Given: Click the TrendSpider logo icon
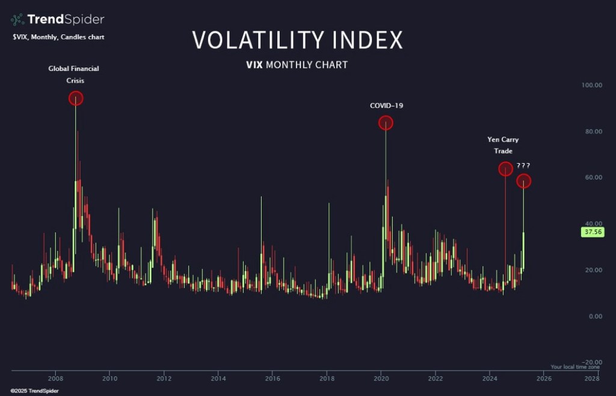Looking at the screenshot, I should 17,19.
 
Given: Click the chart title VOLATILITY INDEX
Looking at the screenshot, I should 297,40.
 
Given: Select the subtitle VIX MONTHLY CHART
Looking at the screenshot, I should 297,64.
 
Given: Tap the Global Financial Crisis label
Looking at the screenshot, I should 74,74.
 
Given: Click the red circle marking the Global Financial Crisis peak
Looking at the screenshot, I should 75,98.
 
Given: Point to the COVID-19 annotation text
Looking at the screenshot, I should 386,106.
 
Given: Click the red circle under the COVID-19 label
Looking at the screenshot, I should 386,123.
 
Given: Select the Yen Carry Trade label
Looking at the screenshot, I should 503,145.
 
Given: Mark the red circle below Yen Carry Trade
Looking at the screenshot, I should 505,169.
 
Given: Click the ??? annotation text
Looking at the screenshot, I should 523,166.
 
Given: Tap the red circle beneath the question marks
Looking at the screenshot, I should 523,181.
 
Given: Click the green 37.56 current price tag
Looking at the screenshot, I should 592,232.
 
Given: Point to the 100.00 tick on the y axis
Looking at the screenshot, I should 591,85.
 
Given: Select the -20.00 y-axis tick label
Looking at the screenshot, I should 591,362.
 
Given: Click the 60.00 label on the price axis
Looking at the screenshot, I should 591,178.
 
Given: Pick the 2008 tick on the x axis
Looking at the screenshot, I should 55,379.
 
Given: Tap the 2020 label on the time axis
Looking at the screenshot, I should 381,379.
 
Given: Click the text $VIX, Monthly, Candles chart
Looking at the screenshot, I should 58,37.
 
